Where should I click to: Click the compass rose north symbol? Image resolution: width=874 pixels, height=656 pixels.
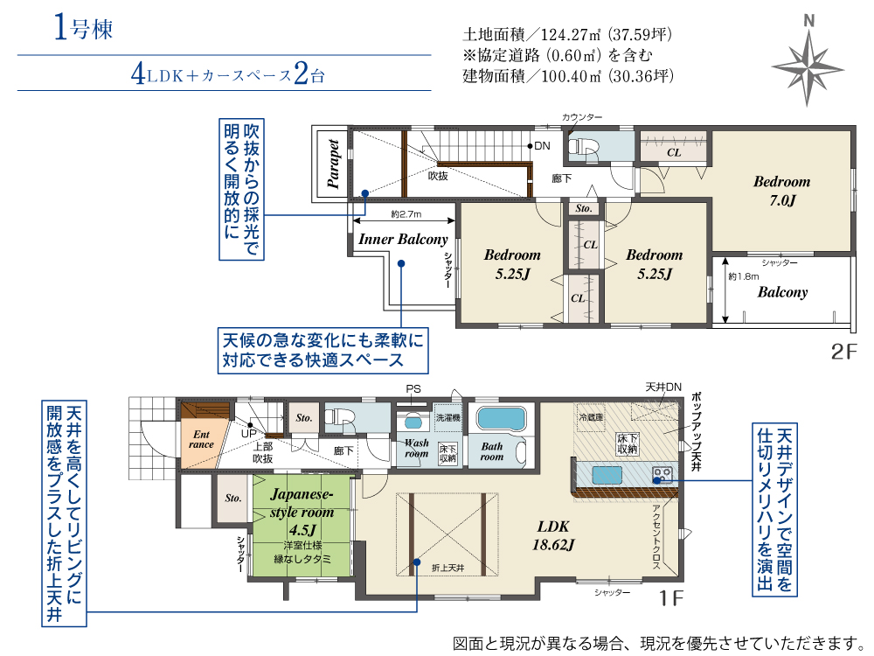[x=808, y=61]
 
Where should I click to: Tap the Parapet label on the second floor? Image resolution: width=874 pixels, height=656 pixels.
[x=333, y=164]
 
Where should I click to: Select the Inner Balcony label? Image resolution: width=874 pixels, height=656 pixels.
[x=403, y=240]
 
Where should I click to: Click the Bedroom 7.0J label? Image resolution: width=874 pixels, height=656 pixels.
[x=782, y=190]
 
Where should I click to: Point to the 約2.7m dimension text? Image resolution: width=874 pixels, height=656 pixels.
[x=406, y=213]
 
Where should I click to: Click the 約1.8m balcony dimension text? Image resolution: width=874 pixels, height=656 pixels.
[x=744, y=276]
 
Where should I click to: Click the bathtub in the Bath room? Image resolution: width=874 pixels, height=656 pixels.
[x=501, y=419]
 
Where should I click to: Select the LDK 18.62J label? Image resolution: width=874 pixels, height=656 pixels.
[x=553, y=535]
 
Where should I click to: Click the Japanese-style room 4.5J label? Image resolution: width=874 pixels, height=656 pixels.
[x=302, y=512]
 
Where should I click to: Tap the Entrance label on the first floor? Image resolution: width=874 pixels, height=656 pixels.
[x=201, y=439]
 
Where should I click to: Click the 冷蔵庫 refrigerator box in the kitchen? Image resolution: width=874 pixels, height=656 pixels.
[x=591, y=416]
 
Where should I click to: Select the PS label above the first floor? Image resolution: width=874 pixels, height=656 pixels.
[x=413, y=389]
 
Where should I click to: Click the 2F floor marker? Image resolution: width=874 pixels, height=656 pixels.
[x=844, y=352]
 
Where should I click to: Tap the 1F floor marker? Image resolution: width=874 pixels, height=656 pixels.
[x=671, y=598]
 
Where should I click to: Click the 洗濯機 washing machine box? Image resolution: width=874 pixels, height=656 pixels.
[x=447, y=417]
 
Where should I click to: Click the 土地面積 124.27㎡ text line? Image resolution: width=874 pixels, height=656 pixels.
[x=567, y=35]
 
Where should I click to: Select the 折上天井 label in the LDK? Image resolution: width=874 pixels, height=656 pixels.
[x=447, y=568]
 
